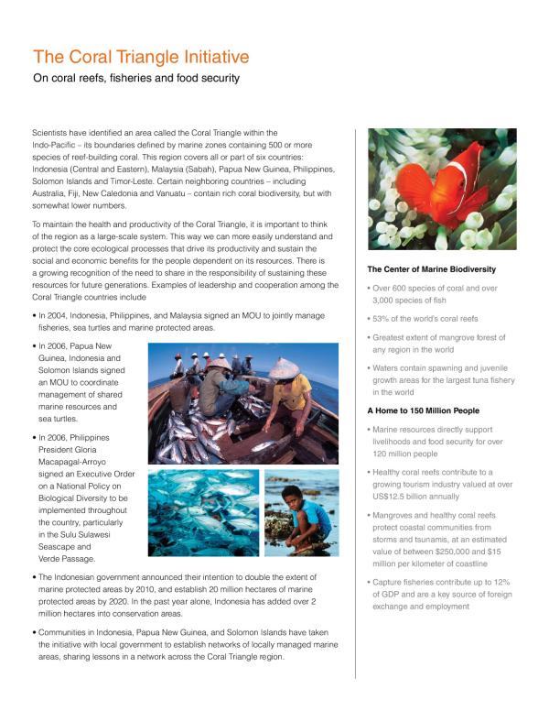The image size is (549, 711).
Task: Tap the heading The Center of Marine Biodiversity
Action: (x=431, y=269)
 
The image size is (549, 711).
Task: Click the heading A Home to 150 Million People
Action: (x=423, y=410)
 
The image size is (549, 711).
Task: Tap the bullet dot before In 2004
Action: (x=34, y=314)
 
